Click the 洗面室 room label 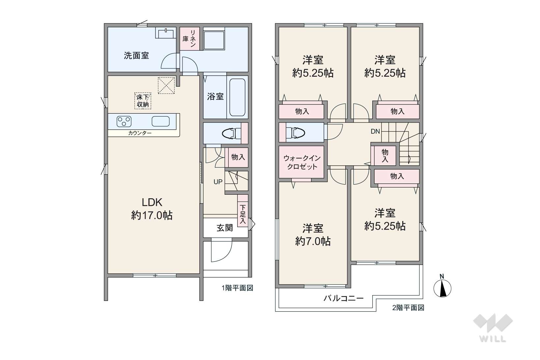click(136, 56)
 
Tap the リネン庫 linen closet click(190, 39)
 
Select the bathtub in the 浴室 click(238, 97)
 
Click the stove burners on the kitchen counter click(124, 122)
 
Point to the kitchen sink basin click(160, 122)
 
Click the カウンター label click(140, 133)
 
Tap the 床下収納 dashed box click(143, 101)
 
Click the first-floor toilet click(231, 133)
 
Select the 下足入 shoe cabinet click(243, 210)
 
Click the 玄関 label click(225, 228)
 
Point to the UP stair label click(218, 182)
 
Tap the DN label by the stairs click(375, 131)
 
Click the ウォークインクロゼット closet click(301, 162)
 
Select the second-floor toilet click(295, 133)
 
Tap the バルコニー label click(344, 298)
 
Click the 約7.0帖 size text click(313, 241)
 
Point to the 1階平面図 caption click(238, 288)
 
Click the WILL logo click(493, 328)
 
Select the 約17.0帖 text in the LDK click(152, 215)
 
